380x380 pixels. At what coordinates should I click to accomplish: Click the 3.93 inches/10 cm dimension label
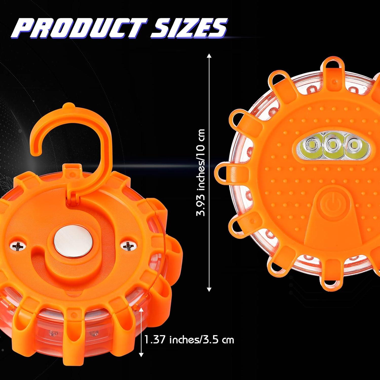pyautogui.click(x=201, y=172)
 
